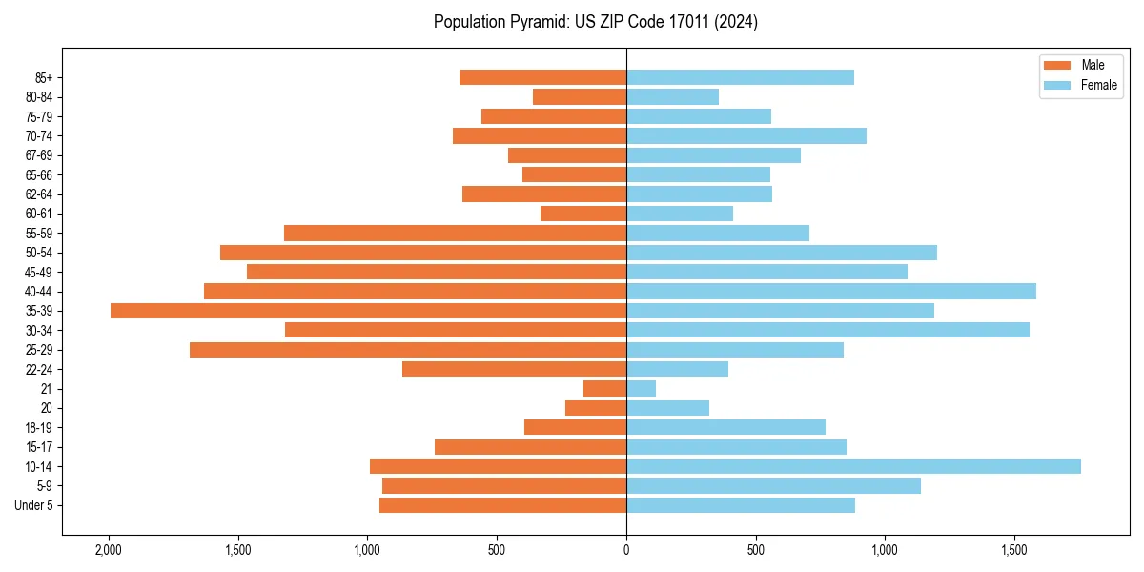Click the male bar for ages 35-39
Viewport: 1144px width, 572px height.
pyautogui.click(x=368, y=311)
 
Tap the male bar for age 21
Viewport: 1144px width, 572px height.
pyautogui.click(x=604, y=388)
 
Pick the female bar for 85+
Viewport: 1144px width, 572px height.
pyautogui.click(x=740, y=77)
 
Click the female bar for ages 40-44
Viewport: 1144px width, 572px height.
pyautogui.click(x=830, y=291)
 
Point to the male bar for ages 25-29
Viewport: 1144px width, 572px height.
pyautogui.click(x=408, y=350)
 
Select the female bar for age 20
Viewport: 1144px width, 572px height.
pyautogui.click(x=667, y=408)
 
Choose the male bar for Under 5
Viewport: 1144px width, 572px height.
pyautogui.click(x=502, y=505)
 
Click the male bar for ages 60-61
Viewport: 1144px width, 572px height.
pyautogui.click(x=583, y=214)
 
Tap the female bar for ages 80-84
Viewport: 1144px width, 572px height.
pyautogui.click(x=672, y=96)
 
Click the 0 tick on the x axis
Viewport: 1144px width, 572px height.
pyautogui.click(x=626, y=550)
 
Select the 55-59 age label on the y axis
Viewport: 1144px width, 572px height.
pyautogui.click(x=39, y=233)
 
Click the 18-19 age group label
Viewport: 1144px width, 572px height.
pyautogui.click(x=39, y=427)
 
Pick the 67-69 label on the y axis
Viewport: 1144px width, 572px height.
pyautogui.click(x=39, y=155)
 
